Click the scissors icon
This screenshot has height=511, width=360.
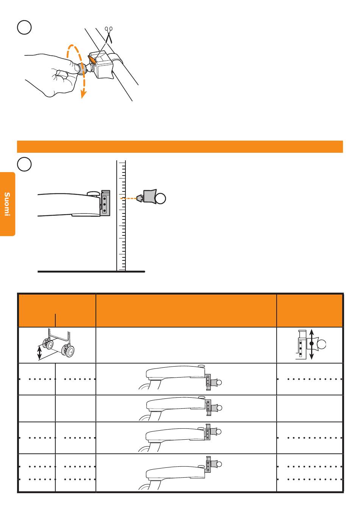[109, 34]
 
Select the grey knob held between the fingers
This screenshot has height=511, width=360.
[83, 69]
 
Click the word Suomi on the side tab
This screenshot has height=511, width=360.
[7, 204]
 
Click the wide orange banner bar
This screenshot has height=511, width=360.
[180, 146]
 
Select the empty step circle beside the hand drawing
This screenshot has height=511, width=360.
[24, 27]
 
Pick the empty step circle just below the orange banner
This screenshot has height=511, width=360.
[24, 164]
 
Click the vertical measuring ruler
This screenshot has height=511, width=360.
[121, 216]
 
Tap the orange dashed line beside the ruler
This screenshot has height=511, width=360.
[128, 199]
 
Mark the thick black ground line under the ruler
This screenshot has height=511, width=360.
[91, 271]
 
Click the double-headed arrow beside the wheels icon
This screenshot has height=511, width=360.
[39, 353]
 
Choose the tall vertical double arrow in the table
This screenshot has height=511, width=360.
[311, 344]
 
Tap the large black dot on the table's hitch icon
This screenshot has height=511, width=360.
[311, 343]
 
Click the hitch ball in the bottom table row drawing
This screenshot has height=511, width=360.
[219, 464]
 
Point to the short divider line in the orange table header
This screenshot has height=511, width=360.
[55, 320]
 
